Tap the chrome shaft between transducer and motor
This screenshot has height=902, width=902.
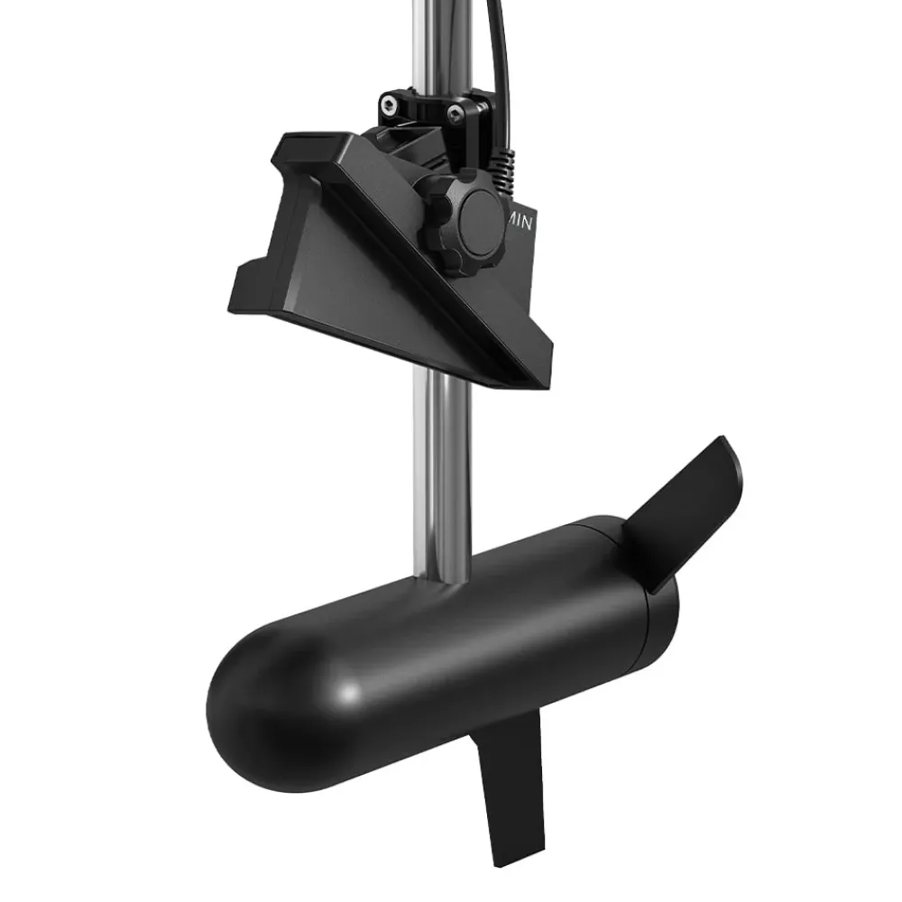pyautogui.click(x=441, y=469)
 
